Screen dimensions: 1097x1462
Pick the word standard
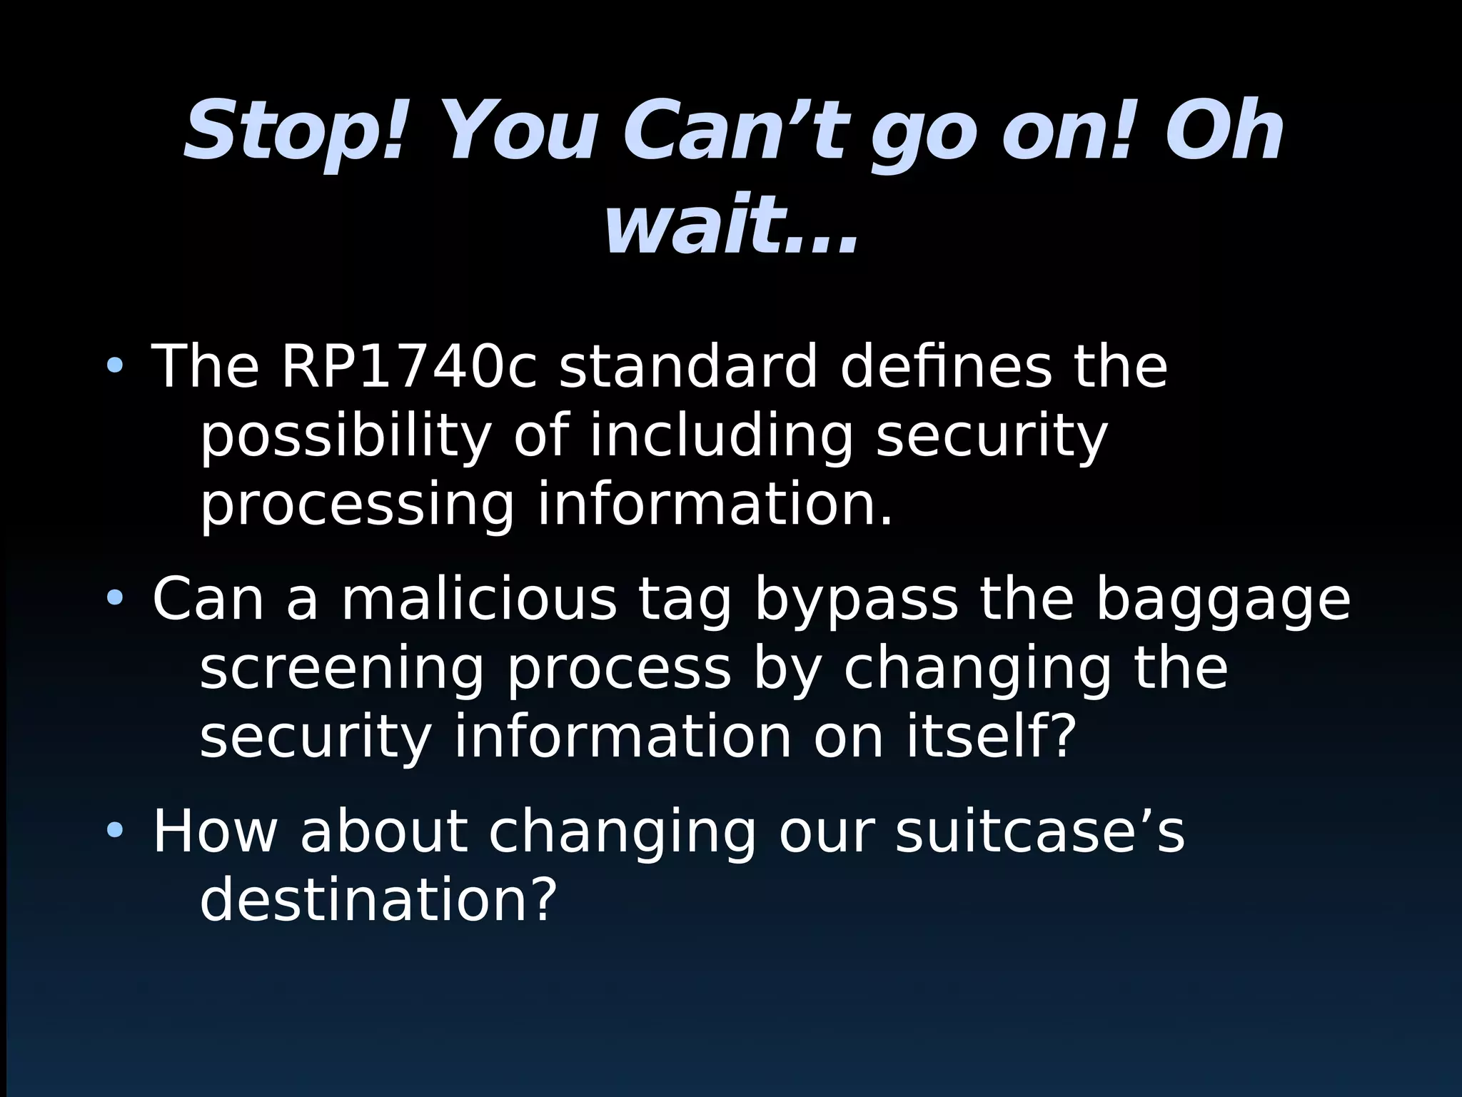pos(687,367)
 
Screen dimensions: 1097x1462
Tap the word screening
pos(342,671)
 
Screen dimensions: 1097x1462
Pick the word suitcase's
pos(1039,831)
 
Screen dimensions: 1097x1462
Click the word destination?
pos(378,900)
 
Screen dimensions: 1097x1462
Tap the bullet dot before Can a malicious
pos(114,597)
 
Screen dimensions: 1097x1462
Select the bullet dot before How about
pos(114,831)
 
